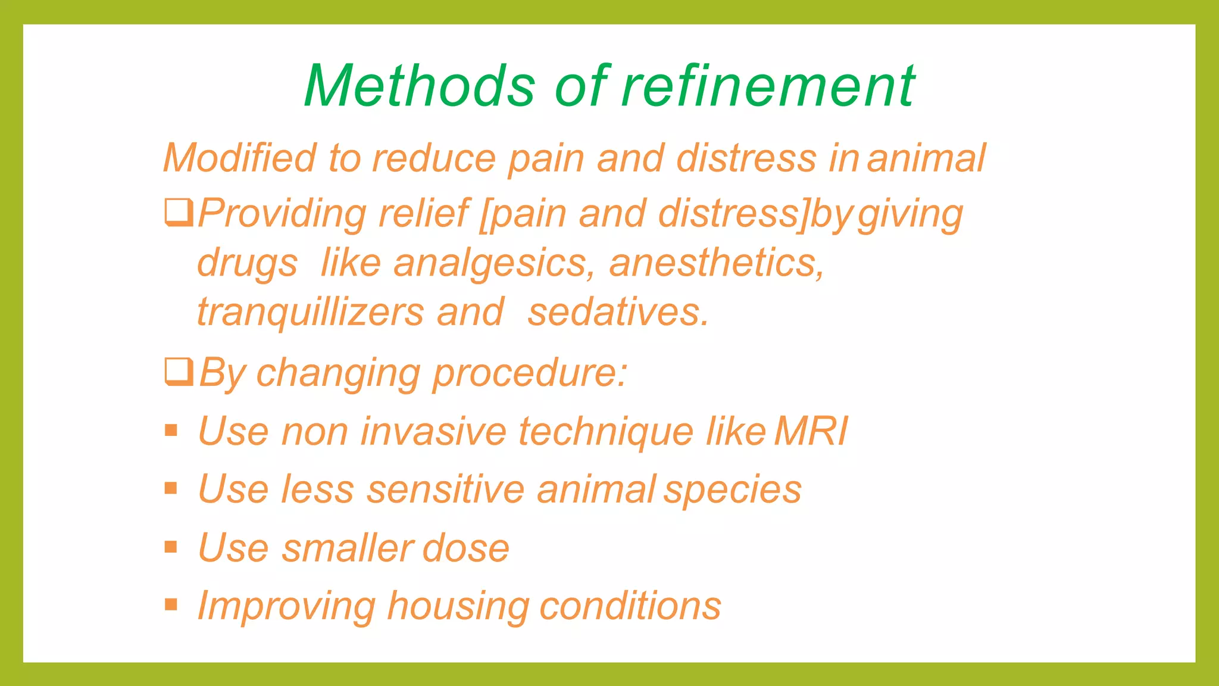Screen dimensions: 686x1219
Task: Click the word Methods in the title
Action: pyautogui.click(x=420, y=86)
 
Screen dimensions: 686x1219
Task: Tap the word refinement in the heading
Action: pyautogui.click(x=768, y=86)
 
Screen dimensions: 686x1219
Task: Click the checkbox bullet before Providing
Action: pyautogui.click(x=179, y=213)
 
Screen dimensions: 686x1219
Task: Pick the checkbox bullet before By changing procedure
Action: pyautogui.click(x=179, y=372)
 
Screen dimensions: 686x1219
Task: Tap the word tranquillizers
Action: pyautogui.click(x=310, y=312)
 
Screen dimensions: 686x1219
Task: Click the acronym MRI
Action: pyautogui.click(x=811, y=431)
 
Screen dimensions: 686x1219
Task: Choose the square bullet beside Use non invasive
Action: pyautogui.click(x=171, y=430)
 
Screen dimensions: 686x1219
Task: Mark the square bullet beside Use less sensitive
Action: pyautogui.click(x=171, y=488)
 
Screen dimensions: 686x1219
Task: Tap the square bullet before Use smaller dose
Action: pyautogui.click(x=171, y=547)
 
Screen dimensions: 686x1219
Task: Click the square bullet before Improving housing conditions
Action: pyautogui.click(x=171, y=605)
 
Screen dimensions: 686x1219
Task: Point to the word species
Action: pyautogui.click(x=733, y=489)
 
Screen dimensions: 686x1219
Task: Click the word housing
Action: pyautogui.click(x=457, y=606)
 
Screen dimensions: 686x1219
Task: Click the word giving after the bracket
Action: pyautogui.click(x=910, y=214)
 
